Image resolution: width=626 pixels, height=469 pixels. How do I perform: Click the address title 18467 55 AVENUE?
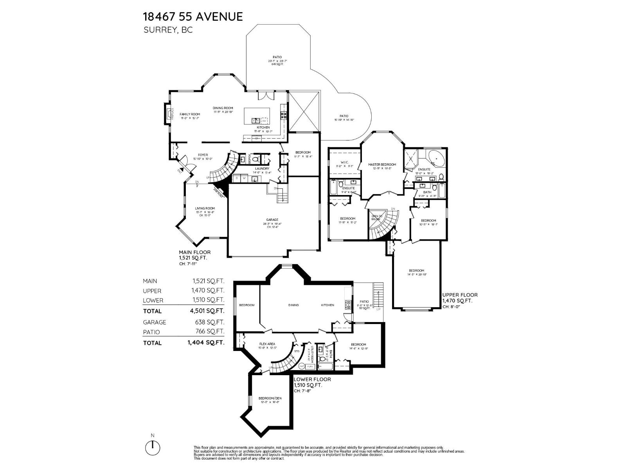click(x=193, y=16)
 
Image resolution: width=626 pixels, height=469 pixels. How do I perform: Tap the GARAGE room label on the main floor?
click(x=272, y=220)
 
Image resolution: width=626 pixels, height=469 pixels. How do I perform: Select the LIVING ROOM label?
click(x=205, y=208)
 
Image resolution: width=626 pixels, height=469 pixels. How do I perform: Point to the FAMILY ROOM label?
click(x=190, y=115)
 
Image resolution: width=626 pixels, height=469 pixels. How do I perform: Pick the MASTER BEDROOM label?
click(x=382, y=165)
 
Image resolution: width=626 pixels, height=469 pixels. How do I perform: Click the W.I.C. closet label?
click(x=344, y=162)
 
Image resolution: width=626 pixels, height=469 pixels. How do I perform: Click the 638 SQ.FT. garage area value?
click(x=210, y=322)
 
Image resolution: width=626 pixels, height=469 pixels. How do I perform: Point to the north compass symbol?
click(x=153, y=446)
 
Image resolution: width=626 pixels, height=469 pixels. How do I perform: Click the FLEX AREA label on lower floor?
click(x=267, y=344)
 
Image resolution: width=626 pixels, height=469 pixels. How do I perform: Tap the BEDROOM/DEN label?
click(x=270, y=398)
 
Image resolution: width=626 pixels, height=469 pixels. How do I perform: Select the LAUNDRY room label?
click(x=262, y=168)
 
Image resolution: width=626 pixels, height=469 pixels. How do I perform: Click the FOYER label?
click(x=203, y=155)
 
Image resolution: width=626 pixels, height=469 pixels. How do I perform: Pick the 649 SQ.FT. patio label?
click(x=277, y=64)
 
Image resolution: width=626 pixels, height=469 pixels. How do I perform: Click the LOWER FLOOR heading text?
click(x=312, y=379)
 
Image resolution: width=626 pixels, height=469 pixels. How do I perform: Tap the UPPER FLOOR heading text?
click(x=460, y=295)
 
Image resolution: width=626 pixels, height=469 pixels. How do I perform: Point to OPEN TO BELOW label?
click(x=377, y=218)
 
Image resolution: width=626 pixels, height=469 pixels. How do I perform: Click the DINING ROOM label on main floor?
click(x=223, y=108)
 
